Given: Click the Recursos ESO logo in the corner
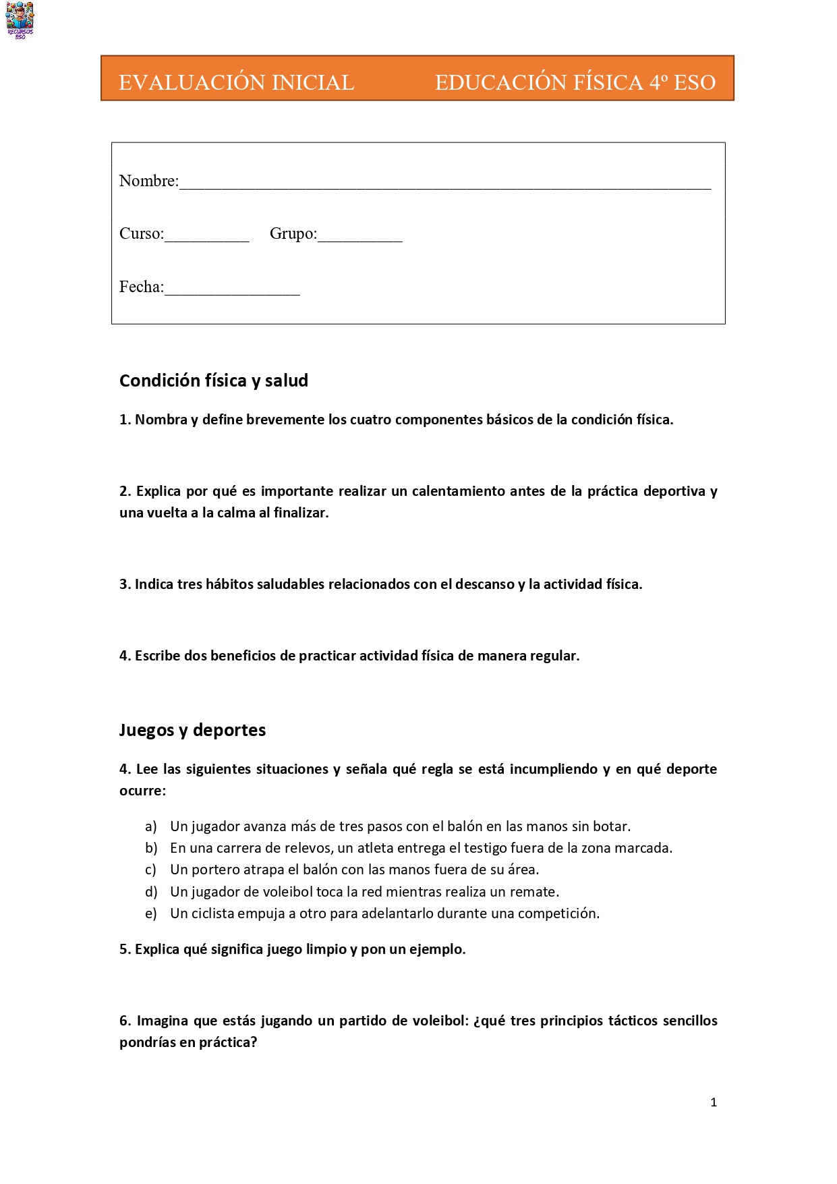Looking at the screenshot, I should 20,20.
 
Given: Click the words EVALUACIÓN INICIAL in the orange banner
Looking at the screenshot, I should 236,82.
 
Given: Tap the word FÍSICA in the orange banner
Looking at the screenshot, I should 607,82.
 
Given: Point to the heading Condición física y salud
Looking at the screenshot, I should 213,380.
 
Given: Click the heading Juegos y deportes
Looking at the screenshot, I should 192,730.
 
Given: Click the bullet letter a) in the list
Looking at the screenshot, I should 151,826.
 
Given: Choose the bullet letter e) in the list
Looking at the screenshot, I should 151,913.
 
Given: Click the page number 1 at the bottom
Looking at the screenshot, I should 714,1102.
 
